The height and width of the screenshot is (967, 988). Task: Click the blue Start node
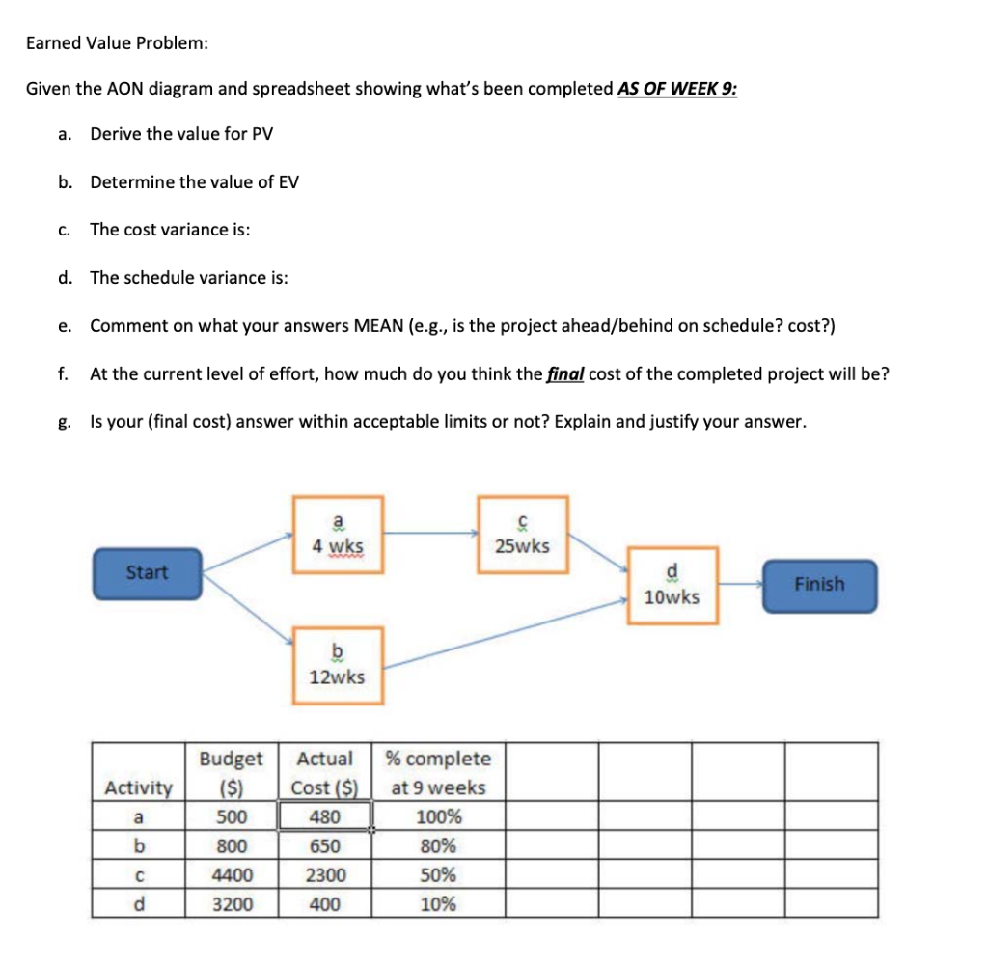click(x=148, y=572)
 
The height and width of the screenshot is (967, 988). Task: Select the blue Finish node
click(x=819, y=585)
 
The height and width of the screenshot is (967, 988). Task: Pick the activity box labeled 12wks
click(x=338, y=665)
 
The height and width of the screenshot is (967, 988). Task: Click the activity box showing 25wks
click(x=522, y=535)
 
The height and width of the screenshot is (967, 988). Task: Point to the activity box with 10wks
click(x=672, y=586)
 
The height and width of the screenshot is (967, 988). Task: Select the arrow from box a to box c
click(x=430, y=531)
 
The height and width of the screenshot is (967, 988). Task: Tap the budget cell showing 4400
click(x=233, y=876)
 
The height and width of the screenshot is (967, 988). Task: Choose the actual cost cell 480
click(x=324, y=817)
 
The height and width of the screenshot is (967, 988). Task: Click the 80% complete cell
click(x=439, y=847)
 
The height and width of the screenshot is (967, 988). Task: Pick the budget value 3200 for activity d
click(x=233, y=905)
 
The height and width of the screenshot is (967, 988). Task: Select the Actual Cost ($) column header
click(x=324, y=773)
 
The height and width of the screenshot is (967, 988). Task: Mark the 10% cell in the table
click(x=439, y=905)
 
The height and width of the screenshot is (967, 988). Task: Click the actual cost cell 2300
click(x=324, y=876)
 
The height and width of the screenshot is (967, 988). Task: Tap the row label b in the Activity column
click(x=140, y=847)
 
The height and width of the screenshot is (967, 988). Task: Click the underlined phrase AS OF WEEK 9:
click(x=677, y=89)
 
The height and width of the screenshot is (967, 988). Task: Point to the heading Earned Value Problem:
click(x=117, y=43)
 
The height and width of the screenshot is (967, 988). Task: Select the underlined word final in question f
click(x=565, y=373)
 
